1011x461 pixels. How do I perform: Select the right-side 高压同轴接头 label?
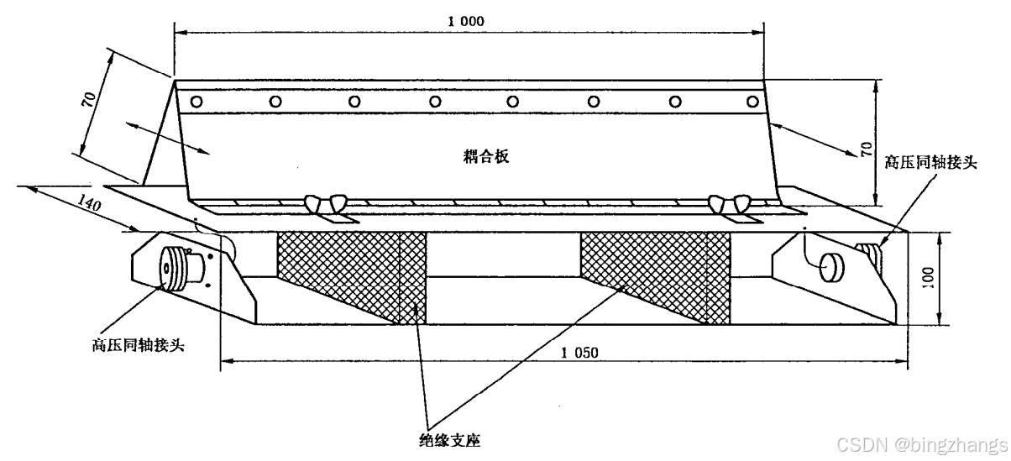pyautogui.click(x=931, y=162)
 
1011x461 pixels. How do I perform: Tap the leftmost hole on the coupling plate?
pyautogui.click(x=196, y=102)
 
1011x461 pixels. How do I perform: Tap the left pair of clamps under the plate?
pyautogui.click(x=327, y=204)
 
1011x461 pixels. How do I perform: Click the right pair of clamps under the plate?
pyautogui.click(x=729, y=204)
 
